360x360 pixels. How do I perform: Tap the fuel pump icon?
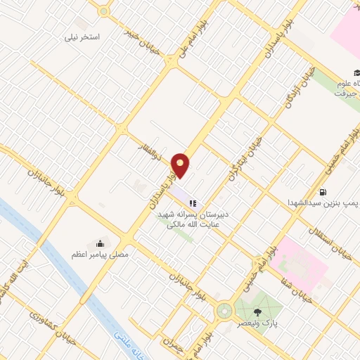click(323, 191)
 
